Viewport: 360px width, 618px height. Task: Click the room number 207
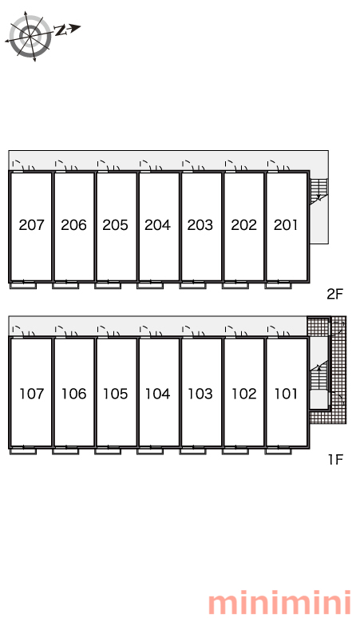point(31,225)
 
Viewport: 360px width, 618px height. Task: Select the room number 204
point(157,225)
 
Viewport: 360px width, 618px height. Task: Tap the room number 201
point(286,225)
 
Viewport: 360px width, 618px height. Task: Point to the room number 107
point(31,394)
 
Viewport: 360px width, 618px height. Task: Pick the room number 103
point(200,394)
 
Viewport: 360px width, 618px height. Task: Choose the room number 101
point(286,394)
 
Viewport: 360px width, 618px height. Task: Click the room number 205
point(116,225)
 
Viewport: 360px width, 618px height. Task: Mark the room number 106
point(73,394)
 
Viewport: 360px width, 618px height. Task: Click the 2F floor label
point(335,294)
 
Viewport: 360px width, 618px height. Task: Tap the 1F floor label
point(336,460)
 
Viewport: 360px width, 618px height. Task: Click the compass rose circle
point(30,37)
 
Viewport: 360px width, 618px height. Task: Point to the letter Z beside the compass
point(60,30)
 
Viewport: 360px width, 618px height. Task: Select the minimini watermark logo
point(279,603)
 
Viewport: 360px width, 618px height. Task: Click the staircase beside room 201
point(318,192)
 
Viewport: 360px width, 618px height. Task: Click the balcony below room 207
point(23,285)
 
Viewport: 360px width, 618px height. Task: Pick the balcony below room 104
point(150,450)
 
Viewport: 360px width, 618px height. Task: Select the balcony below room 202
point(235,285)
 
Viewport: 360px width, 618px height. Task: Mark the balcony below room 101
point(278,450)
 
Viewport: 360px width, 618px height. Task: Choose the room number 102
point(243,394)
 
